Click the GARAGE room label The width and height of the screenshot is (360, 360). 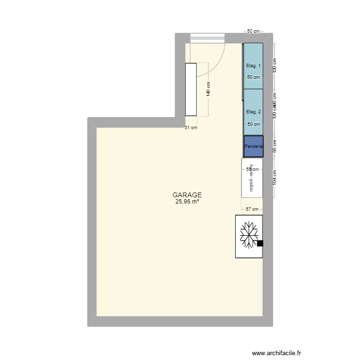pos(187,195)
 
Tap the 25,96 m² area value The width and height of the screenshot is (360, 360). pos(187,202)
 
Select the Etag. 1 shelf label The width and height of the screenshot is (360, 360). pos(253,66)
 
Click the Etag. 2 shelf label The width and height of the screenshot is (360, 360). pos(253,112)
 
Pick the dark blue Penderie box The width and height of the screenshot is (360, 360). pos(253,146)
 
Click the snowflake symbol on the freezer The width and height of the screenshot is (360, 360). pos(249,235)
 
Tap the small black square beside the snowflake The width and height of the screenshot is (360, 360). pos(260,243)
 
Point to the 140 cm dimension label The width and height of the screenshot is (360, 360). pos(208,90)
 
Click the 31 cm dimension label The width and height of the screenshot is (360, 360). pos(191,128)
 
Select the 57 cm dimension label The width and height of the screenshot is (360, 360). pos(252,209)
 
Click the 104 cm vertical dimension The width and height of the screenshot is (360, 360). pos(275,178)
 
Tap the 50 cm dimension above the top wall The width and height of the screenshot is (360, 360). pos(253,31)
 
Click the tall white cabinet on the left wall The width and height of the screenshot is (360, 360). pos(191,89)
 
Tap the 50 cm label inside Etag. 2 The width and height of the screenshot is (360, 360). pos(253,124)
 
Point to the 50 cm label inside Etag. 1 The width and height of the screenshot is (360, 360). pos(253,77)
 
